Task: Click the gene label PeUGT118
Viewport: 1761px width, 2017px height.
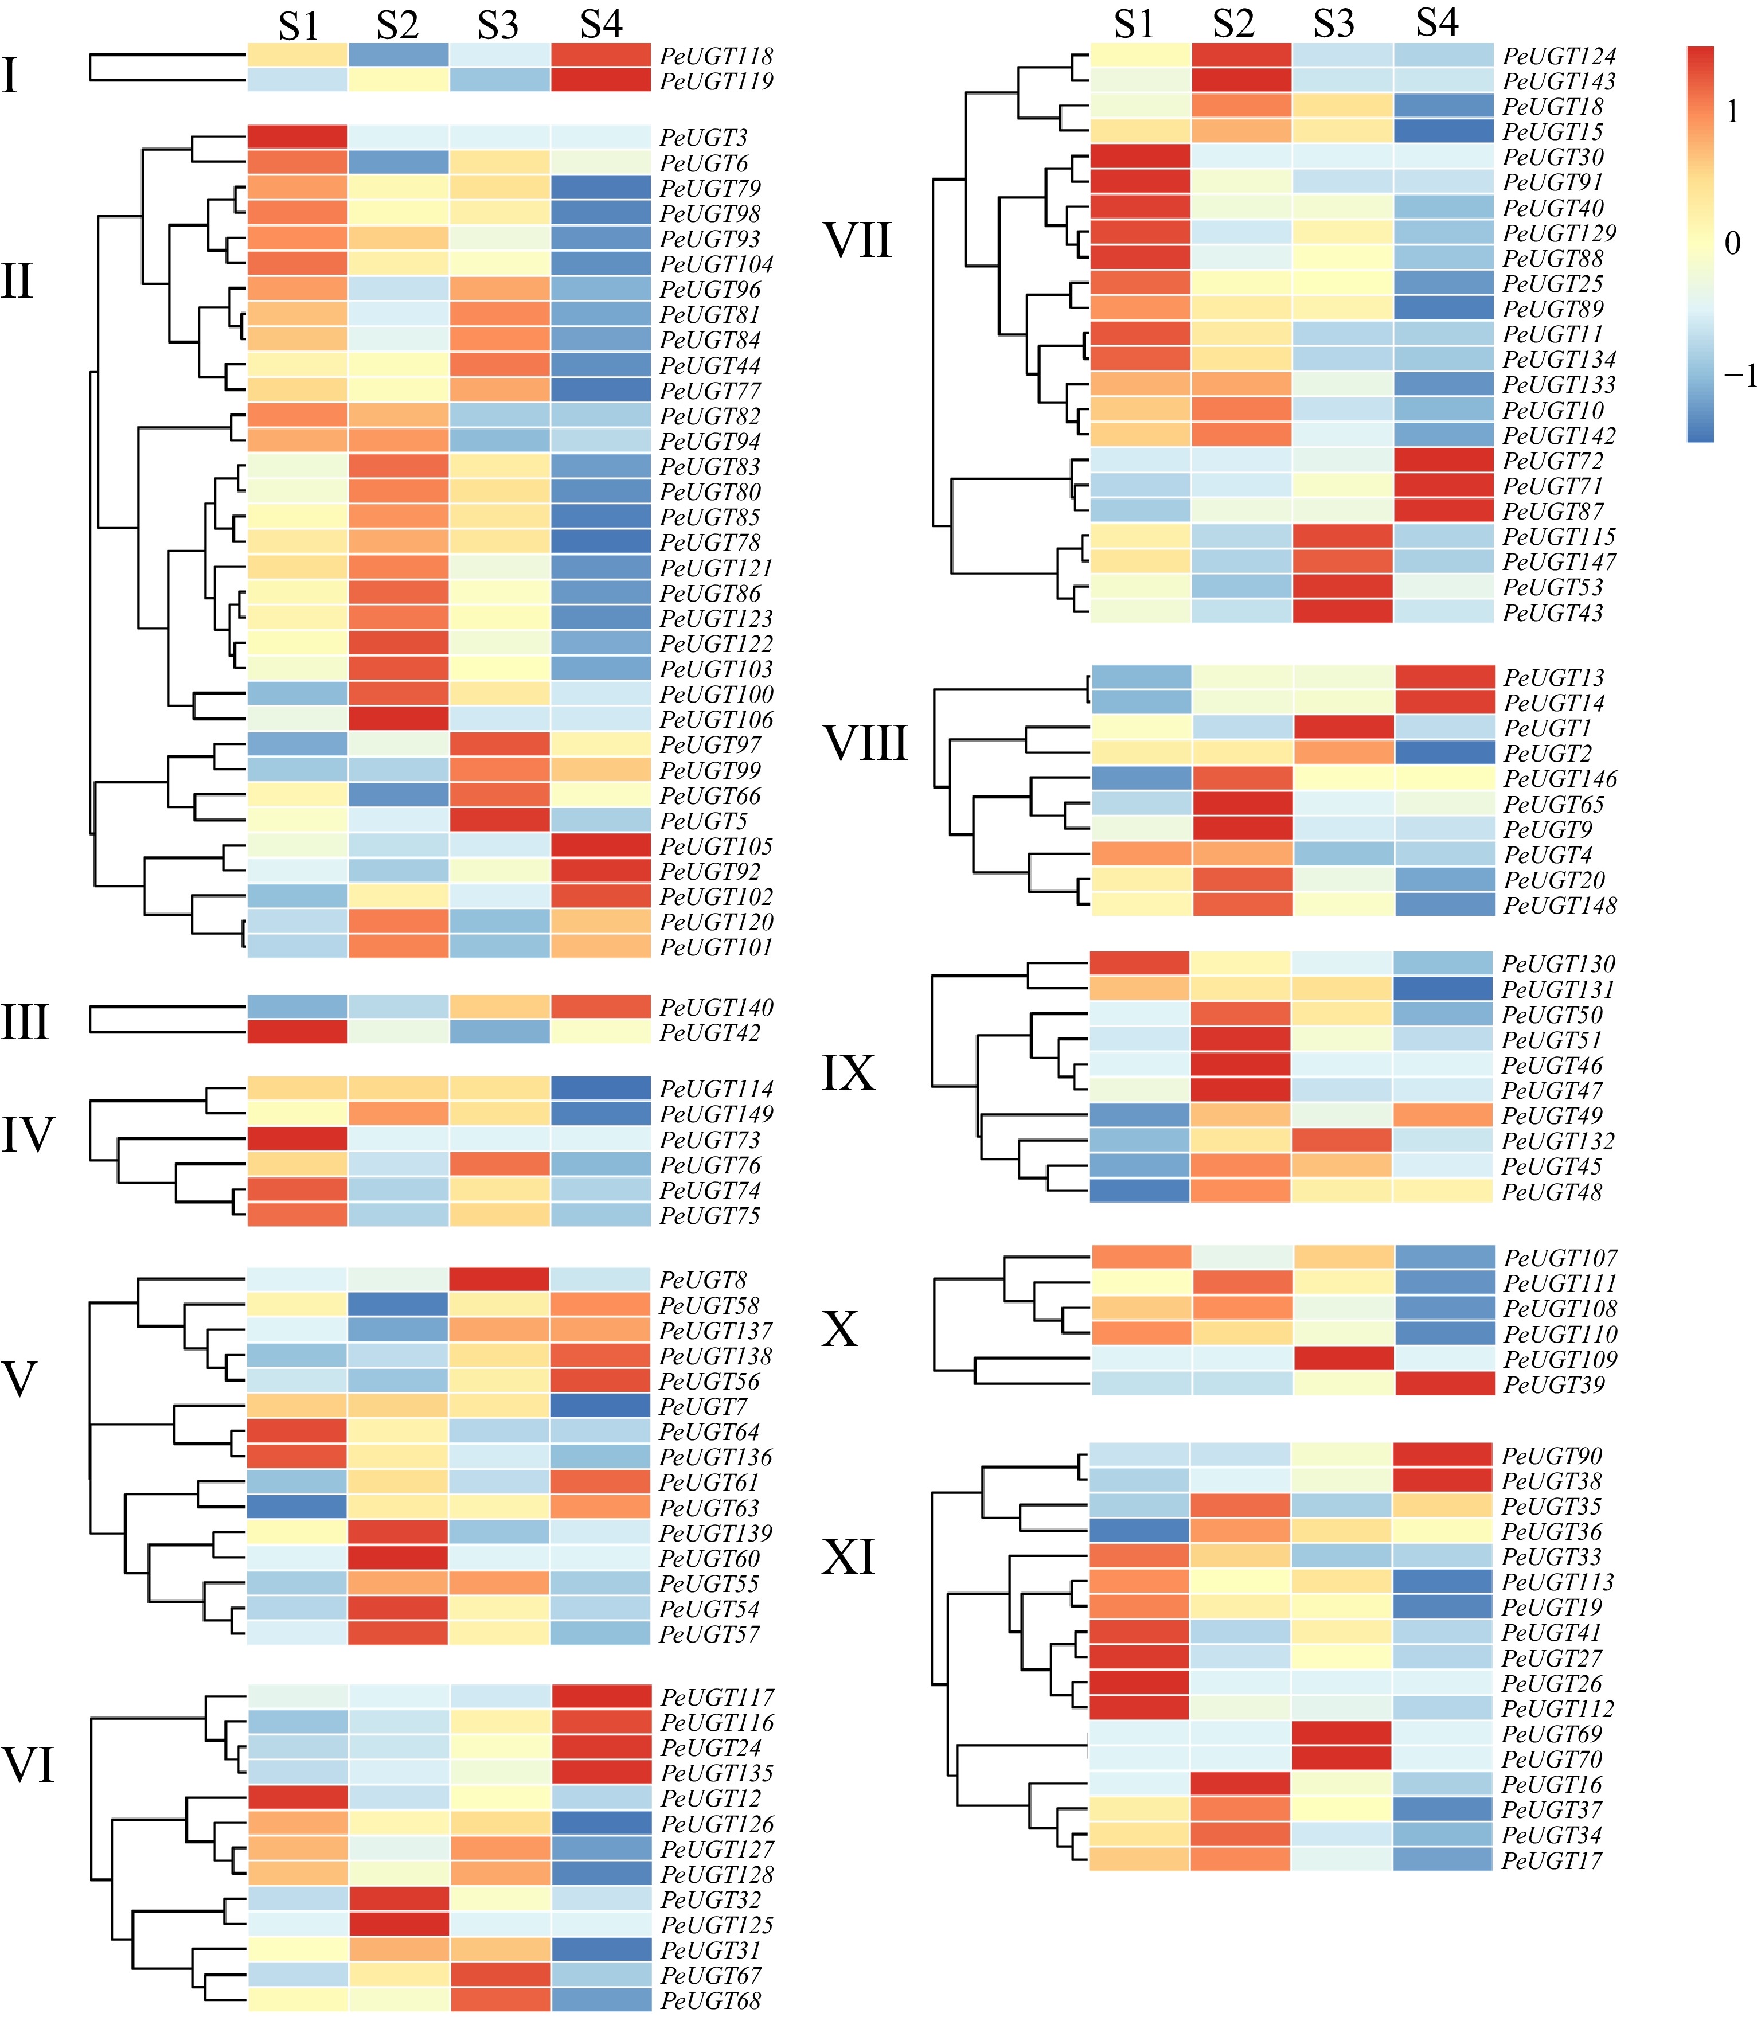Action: (716, 56)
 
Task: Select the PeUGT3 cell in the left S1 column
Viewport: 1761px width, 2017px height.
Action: (297, 136)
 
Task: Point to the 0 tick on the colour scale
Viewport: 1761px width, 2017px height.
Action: (1732, 243)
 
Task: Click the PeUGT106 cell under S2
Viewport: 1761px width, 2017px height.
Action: (398, 719)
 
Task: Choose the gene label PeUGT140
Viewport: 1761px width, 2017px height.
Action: (716, 1006)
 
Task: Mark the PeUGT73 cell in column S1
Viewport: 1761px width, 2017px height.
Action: (297, 1139)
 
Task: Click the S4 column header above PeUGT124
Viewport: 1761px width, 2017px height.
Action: (1436, 24)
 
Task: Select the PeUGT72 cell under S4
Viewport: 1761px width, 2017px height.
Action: (1443, 460)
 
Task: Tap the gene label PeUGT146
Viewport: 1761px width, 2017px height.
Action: (1560, 778)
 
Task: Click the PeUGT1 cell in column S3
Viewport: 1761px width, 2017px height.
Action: (1342, 727)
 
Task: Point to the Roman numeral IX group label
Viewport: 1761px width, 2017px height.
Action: (848, 1072)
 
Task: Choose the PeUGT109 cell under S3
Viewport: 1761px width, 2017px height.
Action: (1342, 1359)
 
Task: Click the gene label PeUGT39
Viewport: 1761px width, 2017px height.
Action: (1553, 1384)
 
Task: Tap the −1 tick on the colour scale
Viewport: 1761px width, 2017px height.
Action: (1739, 374)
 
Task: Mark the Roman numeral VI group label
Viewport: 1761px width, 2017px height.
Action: (29, 1765)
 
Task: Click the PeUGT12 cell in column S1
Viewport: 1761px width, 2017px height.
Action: (297, 1798)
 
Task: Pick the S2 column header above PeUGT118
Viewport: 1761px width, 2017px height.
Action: (397, 26)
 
